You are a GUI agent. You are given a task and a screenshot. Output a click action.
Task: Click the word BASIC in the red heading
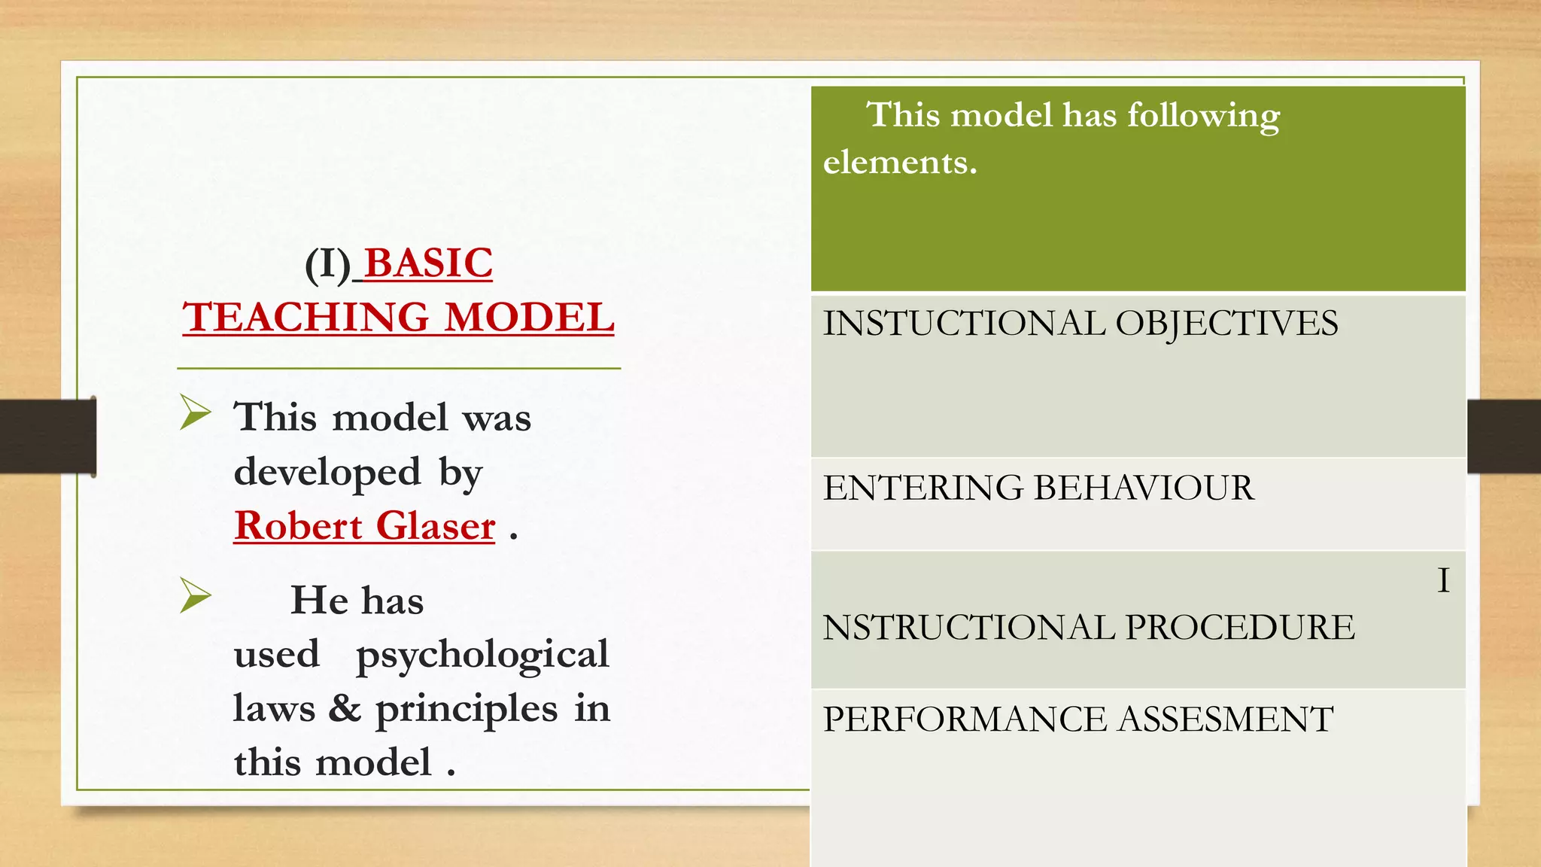coord(428,263)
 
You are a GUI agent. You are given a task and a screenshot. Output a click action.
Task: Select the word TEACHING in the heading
coord(305,317)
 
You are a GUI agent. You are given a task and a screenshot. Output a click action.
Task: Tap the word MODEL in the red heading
coord(530,317)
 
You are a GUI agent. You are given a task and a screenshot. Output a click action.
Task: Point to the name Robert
coord(299,525)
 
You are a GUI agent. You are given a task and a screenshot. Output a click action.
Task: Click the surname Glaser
coord(436,525)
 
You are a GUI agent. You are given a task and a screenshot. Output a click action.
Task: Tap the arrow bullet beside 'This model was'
coord(196,413)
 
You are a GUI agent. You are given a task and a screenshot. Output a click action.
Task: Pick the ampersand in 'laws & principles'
coord(345,708)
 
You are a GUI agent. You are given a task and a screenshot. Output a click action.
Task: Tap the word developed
coord(327,473)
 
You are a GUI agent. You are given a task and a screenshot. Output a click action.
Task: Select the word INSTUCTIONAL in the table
coord(964,324)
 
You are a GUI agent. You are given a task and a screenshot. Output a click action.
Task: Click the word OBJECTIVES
coord(1226,324)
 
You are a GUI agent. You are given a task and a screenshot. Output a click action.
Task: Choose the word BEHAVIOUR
coord(1144,488)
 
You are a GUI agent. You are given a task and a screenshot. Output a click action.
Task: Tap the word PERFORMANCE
coord(965,719)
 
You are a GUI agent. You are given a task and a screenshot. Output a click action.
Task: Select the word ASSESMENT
coord(1226,719)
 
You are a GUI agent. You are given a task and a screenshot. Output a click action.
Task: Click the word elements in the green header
coord(900,163)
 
